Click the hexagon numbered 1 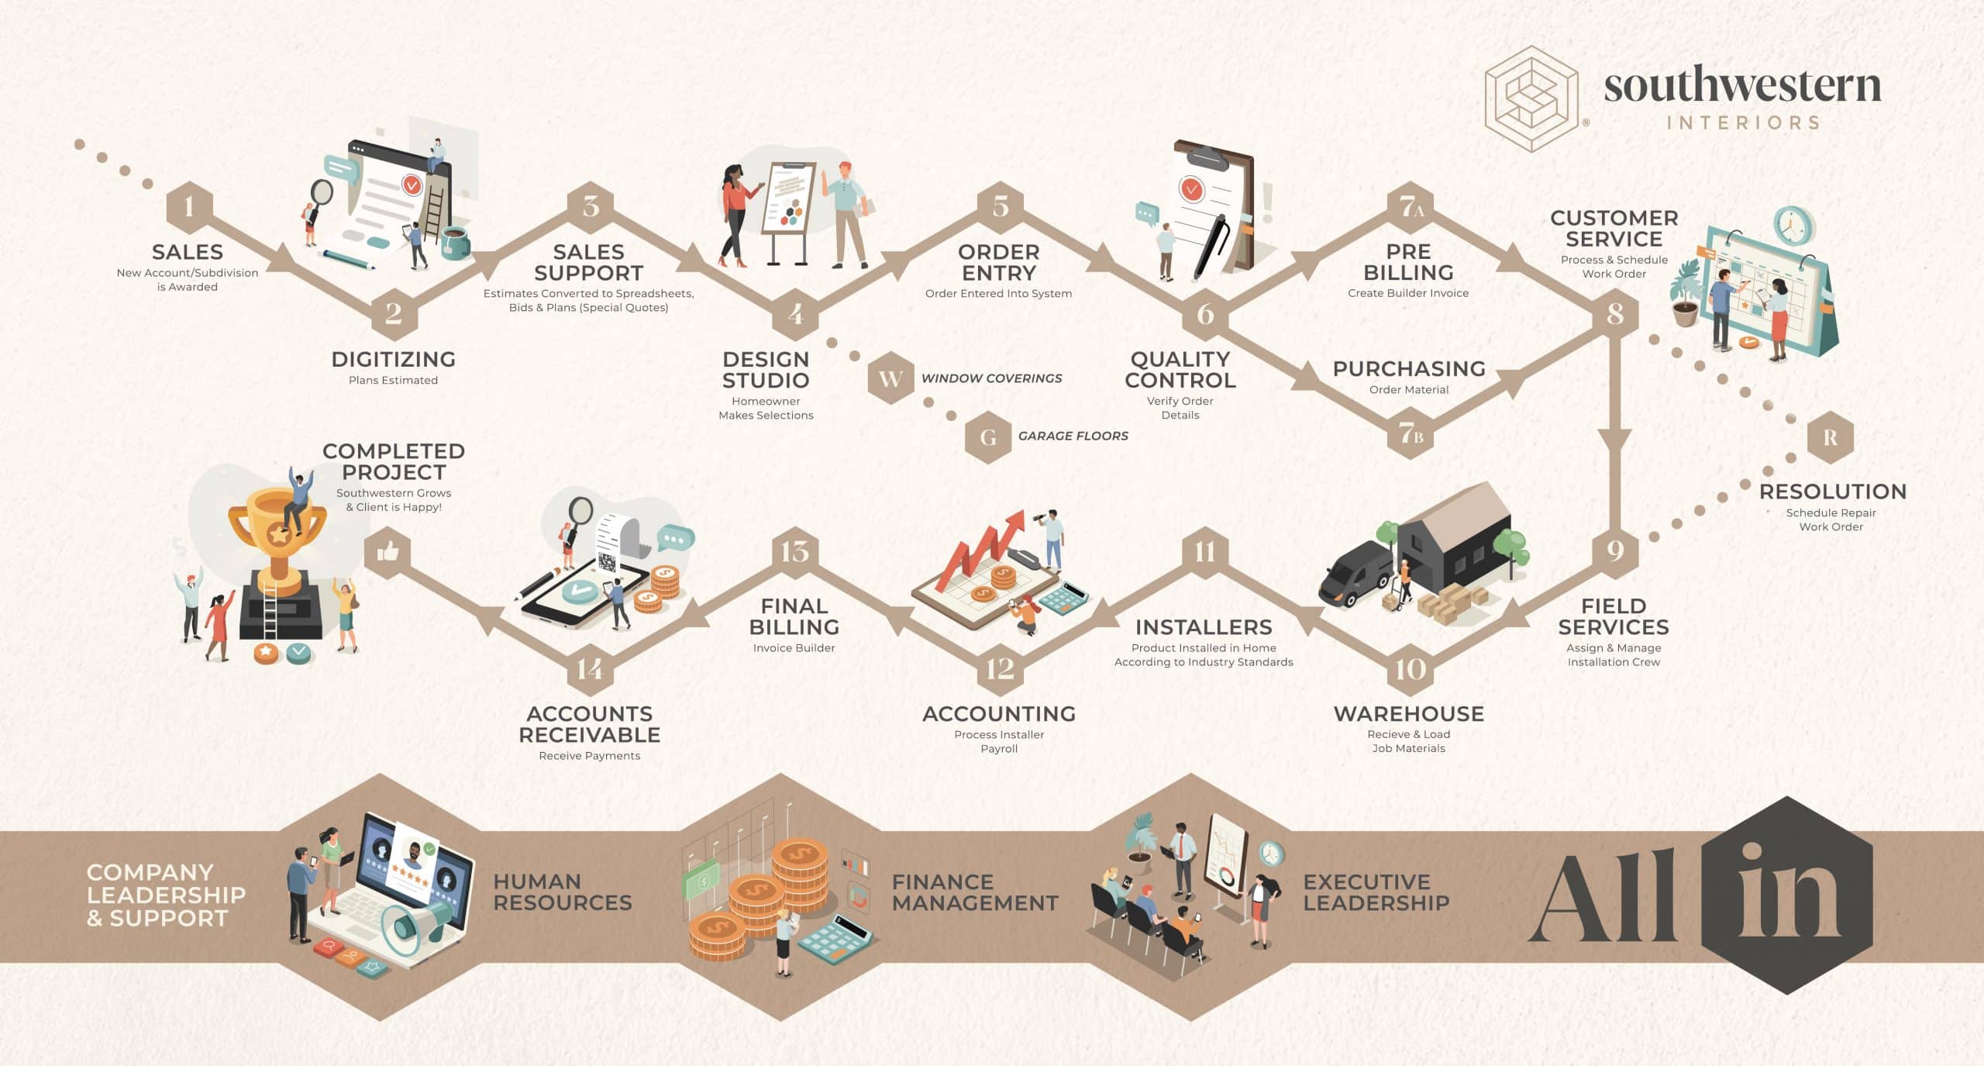(x=189, y=207)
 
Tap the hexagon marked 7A (x=1410, y=207)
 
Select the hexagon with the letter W (x=890, y=378)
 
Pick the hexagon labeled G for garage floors (x=988, y=436)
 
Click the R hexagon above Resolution (x=1830, y=437)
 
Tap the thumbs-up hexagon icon (x=387, y=552)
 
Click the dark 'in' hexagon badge (x=1787, y=895)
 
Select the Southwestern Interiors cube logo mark (x=1531, y=99)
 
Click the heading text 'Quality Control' (x=1180, y=370)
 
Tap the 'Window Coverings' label (x=991, y=378)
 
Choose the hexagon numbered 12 (x=1000, y=668)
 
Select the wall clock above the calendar (x=1794, y=226)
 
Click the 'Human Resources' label (x=563, y=892)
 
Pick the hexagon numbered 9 (x=1614, y=551)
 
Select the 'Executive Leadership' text (x=1376, y=892)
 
